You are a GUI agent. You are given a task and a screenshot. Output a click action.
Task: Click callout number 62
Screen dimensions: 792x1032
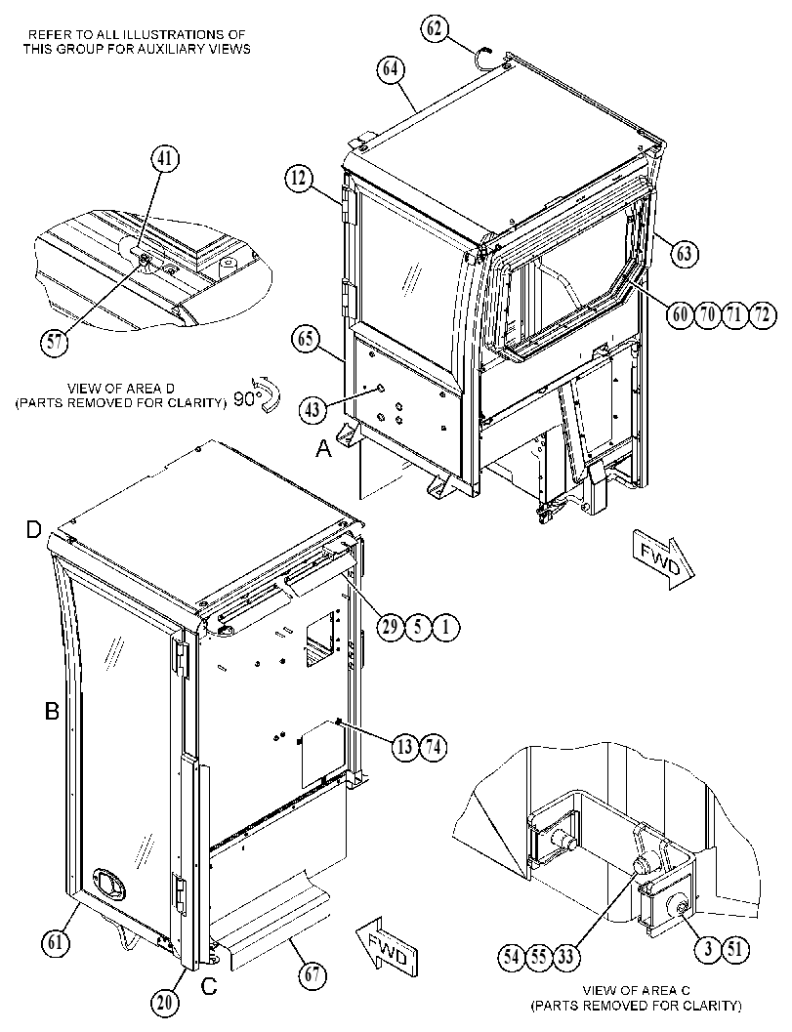point(435,29)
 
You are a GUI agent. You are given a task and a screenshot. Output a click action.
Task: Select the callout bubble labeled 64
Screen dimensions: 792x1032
point(391,69)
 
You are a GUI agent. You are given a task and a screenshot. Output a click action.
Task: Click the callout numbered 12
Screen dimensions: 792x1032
point(300,179)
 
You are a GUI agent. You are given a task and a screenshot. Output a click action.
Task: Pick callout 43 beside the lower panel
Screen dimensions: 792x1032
point(312,410)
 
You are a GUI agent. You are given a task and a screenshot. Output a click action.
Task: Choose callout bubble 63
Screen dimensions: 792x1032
point(684,253)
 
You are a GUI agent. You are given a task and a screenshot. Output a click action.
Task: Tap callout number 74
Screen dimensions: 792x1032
point(433,747)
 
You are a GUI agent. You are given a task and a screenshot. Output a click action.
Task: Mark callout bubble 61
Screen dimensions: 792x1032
point(56,943)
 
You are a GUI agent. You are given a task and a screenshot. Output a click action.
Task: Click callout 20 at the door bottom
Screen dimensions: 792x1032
point(165,1003)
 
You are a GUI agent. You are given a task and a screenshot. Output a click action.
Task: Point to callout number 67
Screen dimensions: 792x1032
point(313,974)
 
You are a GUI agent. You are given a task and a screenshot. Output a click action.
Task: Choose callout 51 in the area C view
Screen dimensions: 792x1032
point(735,949)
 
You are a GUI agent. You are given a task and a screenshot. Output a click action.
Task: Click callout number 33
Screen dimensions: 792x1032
point(566,956)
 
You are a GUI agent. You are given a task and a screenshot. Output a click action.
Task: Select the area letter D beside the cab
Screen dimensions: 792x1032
point(34,530)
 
